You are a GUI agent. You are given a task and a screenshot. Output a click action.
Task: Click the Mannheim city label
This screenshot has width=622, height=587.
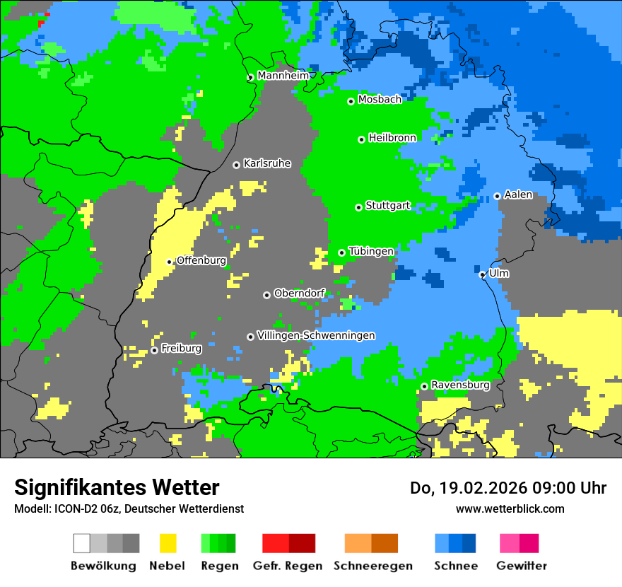pyautogui.click(x=283, y=76)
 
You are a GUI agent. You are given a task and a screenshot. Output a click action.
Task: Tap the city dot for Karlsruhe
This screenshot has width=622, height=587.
pyautogui.click(x=237, y=165)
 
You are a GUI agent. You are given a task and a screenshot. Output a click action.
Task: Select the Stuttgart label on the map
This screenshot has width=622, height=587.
pyautogui.click(x=387, y=206)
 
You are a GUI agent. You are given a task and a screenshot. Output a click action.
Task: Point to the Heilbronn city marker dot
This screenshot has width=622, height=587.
pyautogui.click(x=361, y=139)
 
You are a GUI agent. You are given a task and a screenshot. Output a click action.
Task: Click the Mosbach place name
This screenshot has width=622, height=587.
pyautogui.click(x=380, y=100)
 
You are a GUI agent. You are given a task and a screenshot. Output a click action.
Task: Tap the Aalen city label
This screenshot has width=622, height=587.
pyautogui.click(x=518, y=194)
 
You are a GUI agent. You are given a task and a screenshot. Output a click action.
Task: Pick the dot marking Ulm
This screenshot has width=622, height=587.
pyautogui.click(x=482, y=274)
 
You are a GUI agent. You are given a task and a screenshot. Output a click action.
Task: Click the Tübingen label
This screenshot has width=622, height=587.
pyautogui.click(x=371, y=251)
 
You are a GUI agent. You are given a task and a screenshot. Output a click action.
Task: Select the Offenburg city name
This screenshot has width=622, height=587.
pyautogui.click(x=201, y=260)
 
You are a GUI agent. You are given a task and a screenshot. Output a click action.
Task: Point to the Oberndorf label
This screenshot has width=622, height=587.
pyautogui.click(x=299, y=293)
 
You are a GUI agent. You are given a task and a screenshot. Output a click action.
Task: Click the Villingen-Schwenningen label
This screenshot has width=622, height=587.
pyautogui.click(x=316, y=335)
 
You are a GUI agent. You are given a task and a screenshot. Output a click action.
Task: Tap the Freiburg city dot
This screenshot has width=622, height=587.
pyautogui.click(x=154, y=350)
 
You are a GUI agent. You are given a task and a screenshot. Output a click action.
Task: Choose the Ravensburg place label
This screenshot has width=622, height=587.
pyautogui.click(x=460, y=385)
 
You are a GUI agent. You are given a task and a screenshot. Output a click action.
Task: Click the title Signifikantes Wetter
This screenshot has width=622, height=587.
pyautogui.click(x=117, y=488)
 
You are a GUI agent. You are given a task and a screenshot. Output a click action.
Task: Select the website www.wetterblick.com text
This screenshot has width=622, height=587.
pyautogui.click(x=510, y=508)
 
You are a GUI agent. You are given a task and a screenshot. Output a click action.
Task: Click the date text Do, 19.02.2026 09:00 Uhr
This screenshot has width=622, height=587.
pyautogui.click(x=507, y=488)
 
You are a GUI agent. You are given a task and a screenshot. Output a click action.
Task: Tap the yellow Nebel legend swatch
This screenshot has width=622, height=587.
pyautogui.click(x=168, y=543)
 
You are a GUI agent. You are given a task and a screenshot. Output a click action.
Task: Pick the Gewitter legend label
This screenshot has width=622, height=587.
pyautogui.click(x=521, y=566)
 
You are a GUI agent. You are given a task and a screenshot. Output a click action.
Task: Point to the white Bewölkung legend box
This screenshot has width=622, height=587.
pyautogui.click(x=82, y=543)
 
